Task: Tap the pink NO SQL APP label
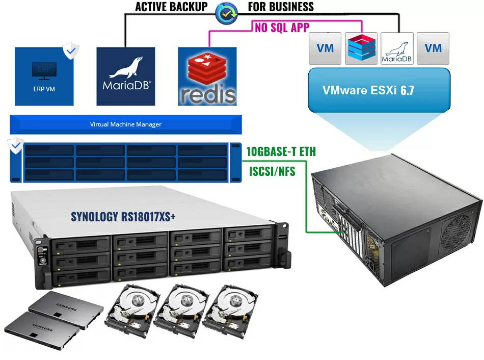click(x=282, y=28)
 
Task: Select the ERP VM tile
click(x=44, y=76)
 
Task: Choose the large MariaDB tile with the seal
click(x=126, y=76)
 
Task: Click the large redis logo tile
click(x=207, y=76)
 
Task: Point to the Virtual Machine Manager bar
click(x=125, y=124)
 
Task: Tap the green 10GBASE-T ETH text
click(x=281, y=151)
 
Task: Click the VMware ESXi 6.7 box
click(x=379, y=90)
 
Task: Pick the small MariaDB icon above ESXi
click(x=397, y=48)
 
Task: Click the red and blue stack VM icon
click(x=361, y=48)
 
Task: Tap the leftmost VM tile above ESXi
click(x=325, y=48)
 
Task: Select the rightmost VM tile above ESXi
click(x=433, y=48)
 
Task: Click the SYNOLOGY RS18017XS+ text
click(x=123, y=216)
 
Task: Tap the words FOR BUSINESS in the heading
click(x=281, y=7)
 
